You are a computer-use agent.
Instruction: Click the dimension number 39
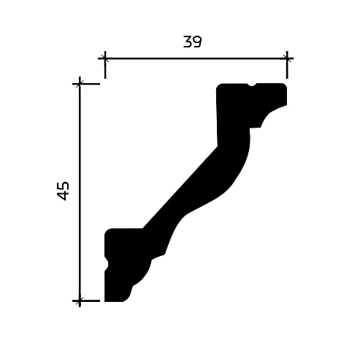click(x=192, y=42)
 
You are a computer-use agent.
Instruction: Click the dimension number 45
click(x=63, y=191)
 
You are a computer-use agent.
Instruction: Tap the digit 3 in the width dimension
click(x=188, y=42)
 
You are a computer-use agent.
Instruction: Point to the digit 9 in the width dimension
click(x=197, y=42)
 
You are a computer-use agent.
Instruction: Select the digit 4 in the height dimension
click(x=63, y=196)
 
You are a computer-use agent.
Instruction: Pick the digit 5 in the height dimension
click(x=63, y=186)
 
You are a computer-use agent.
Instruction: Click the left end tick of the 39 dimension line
click(x=105, y=58)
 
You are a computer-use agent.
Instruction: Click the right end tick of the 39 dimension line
click(x=287, y=58)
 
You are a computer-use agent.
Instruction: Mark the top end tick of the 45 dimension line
click(x=80, y=84)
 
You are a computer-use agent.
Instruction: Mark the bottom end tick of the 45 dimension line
click(x=80, y=301)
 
